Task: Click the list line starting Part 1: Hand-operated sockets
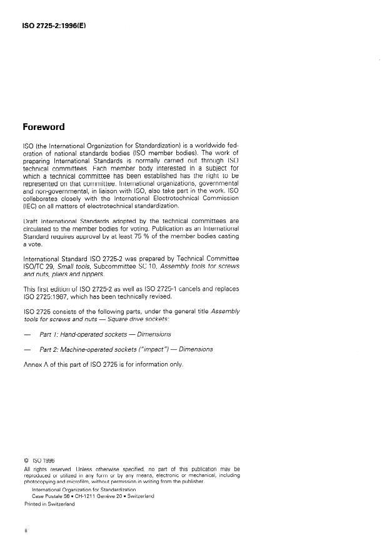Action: click(104, 334)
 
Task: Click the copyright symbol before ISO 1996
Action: click(26, 461)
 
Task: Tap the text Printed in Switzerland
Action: click(49, 504)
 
